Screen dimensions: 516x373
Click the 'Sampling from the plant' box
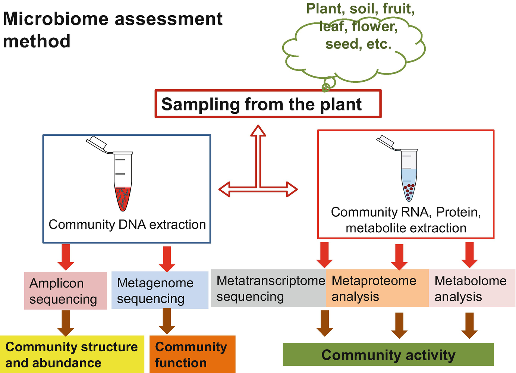click(x=268, y=104)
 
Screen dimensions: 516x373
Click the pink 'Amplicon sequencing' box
click(x=65, y=291)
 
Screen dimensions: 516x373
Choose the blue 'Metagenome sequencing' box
click(x=160, y=290)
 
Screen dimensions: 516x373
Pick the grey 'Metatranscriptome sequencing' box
click(x=268, y=288)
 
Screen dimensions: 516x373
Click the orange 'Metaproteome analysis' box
click(x=378, y=288)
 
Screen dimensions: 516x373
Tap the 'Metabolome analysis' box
click(x=472, y=288)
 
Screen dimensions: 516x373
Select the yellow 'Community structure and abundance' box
click(x=72, y=354)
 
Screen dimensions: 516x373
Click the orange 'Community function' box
click(x=193, y=354)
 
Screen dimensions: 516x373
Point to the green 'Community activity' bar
click(x=388, y=354)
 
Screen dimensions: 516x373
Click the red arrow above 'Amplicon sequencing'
click(x=66, y=257)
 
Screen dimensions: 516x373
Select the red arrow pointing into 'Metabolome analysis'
click(x=469, y=255)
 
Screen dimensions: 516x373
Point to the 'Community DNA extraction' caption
click(x=127, y=225)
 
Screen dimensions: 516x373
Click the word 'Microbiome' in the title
click(x=56, y=19)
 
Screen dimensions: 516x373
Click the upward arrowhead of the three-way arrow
click(x=258, y=131)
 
